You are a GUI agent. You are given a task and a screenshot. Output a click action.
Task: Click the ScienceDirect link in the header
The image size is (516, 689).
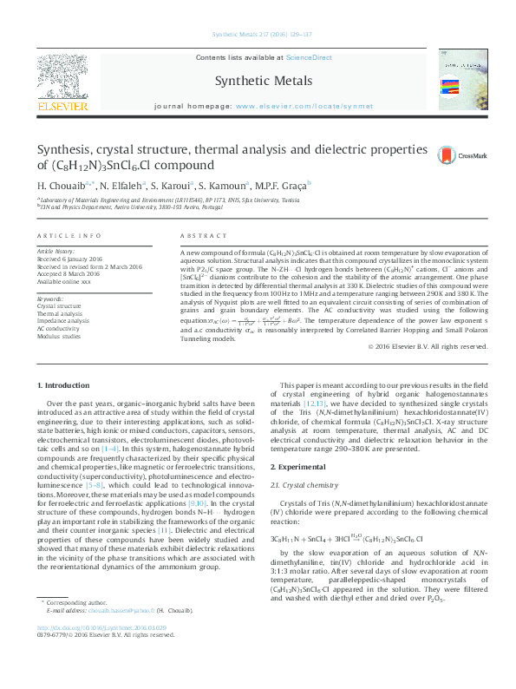[x=310, y=57]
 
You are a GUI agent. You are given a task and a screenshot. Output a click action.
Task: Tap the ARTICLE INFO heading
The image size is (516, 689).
[x=63, y=236]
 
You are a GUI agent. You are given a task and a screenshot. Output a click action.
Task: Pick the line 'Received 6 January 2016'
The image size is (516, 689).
[x=75, y=259]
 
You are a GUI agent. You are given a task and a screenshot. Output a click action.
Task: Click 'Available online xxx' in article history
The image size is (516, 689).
[x=71, y=280]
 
